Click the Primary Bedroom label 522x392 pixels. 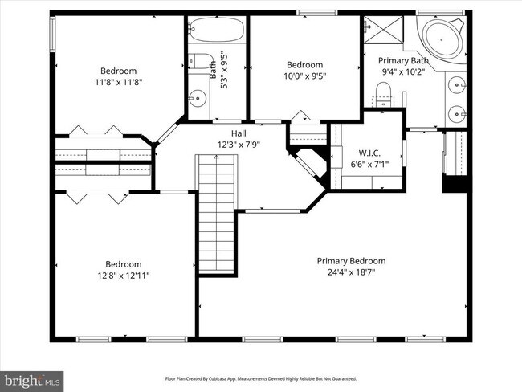tap(351, 261)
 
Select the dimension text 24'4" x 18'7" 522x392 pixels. tap(351, 272)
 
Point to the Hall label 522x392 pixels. tap(239, 133)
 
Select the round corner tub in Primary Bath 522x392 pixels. tap(442, 37)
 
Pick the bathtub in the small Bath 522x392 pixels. tap(216, 31)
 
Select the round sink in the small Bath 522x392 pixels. tap(197, 98)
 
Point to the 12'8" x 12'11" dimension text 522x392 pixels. tap(124, 276)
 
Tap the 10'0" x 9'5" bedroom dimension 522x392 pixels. tap(304, 76)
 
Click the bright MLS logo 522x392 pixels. tap(32, 378)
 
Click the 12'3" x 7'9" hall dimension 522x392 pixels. tap(239, 145)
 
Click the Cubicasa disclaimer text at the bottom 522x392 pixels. tap(260, 378)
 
